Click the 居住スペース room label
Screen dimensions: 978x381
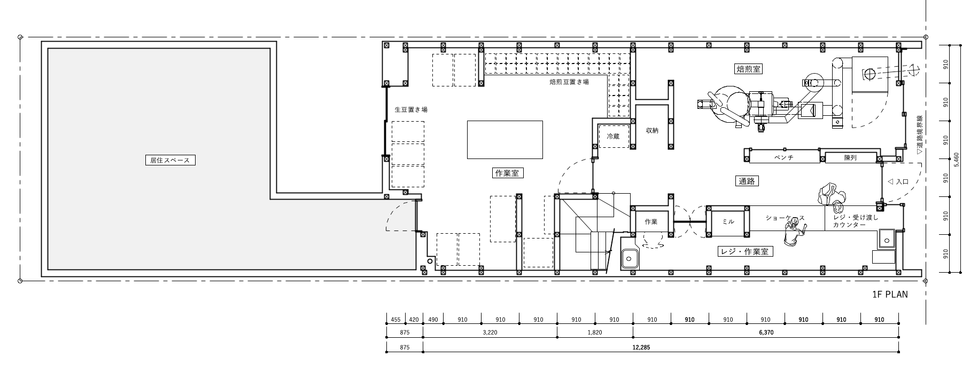point(170,160)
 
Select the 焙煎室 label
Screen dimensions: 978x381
point(748,69)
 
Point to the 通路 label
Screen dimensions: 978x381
point(747,181)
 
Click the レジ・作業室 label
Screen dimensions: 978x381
point(745,251)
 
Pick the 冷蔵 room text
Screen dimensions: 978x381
point(613,137)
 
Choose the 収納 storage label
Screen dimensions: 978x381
point(652,130)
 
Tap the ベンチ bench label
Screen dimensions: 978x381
point(784,158)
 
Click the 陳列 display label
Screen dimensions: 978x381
point(850,158)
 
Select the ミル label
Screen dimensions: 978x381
point(728,221)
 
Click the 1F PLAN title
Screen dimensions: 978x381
point(890,294)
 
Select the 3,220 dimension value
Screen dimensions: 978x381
point(490,332)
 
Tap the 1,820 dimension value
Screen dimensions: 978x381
point(595,332)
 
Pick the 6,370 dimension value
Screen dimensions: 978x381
point(765,332)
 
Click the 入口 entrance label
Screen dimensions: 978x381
point(902,181)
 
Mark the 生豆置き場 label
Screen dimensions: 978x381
point(410,109)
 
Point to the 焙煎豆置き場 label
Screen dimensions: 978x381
point(569,82)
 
